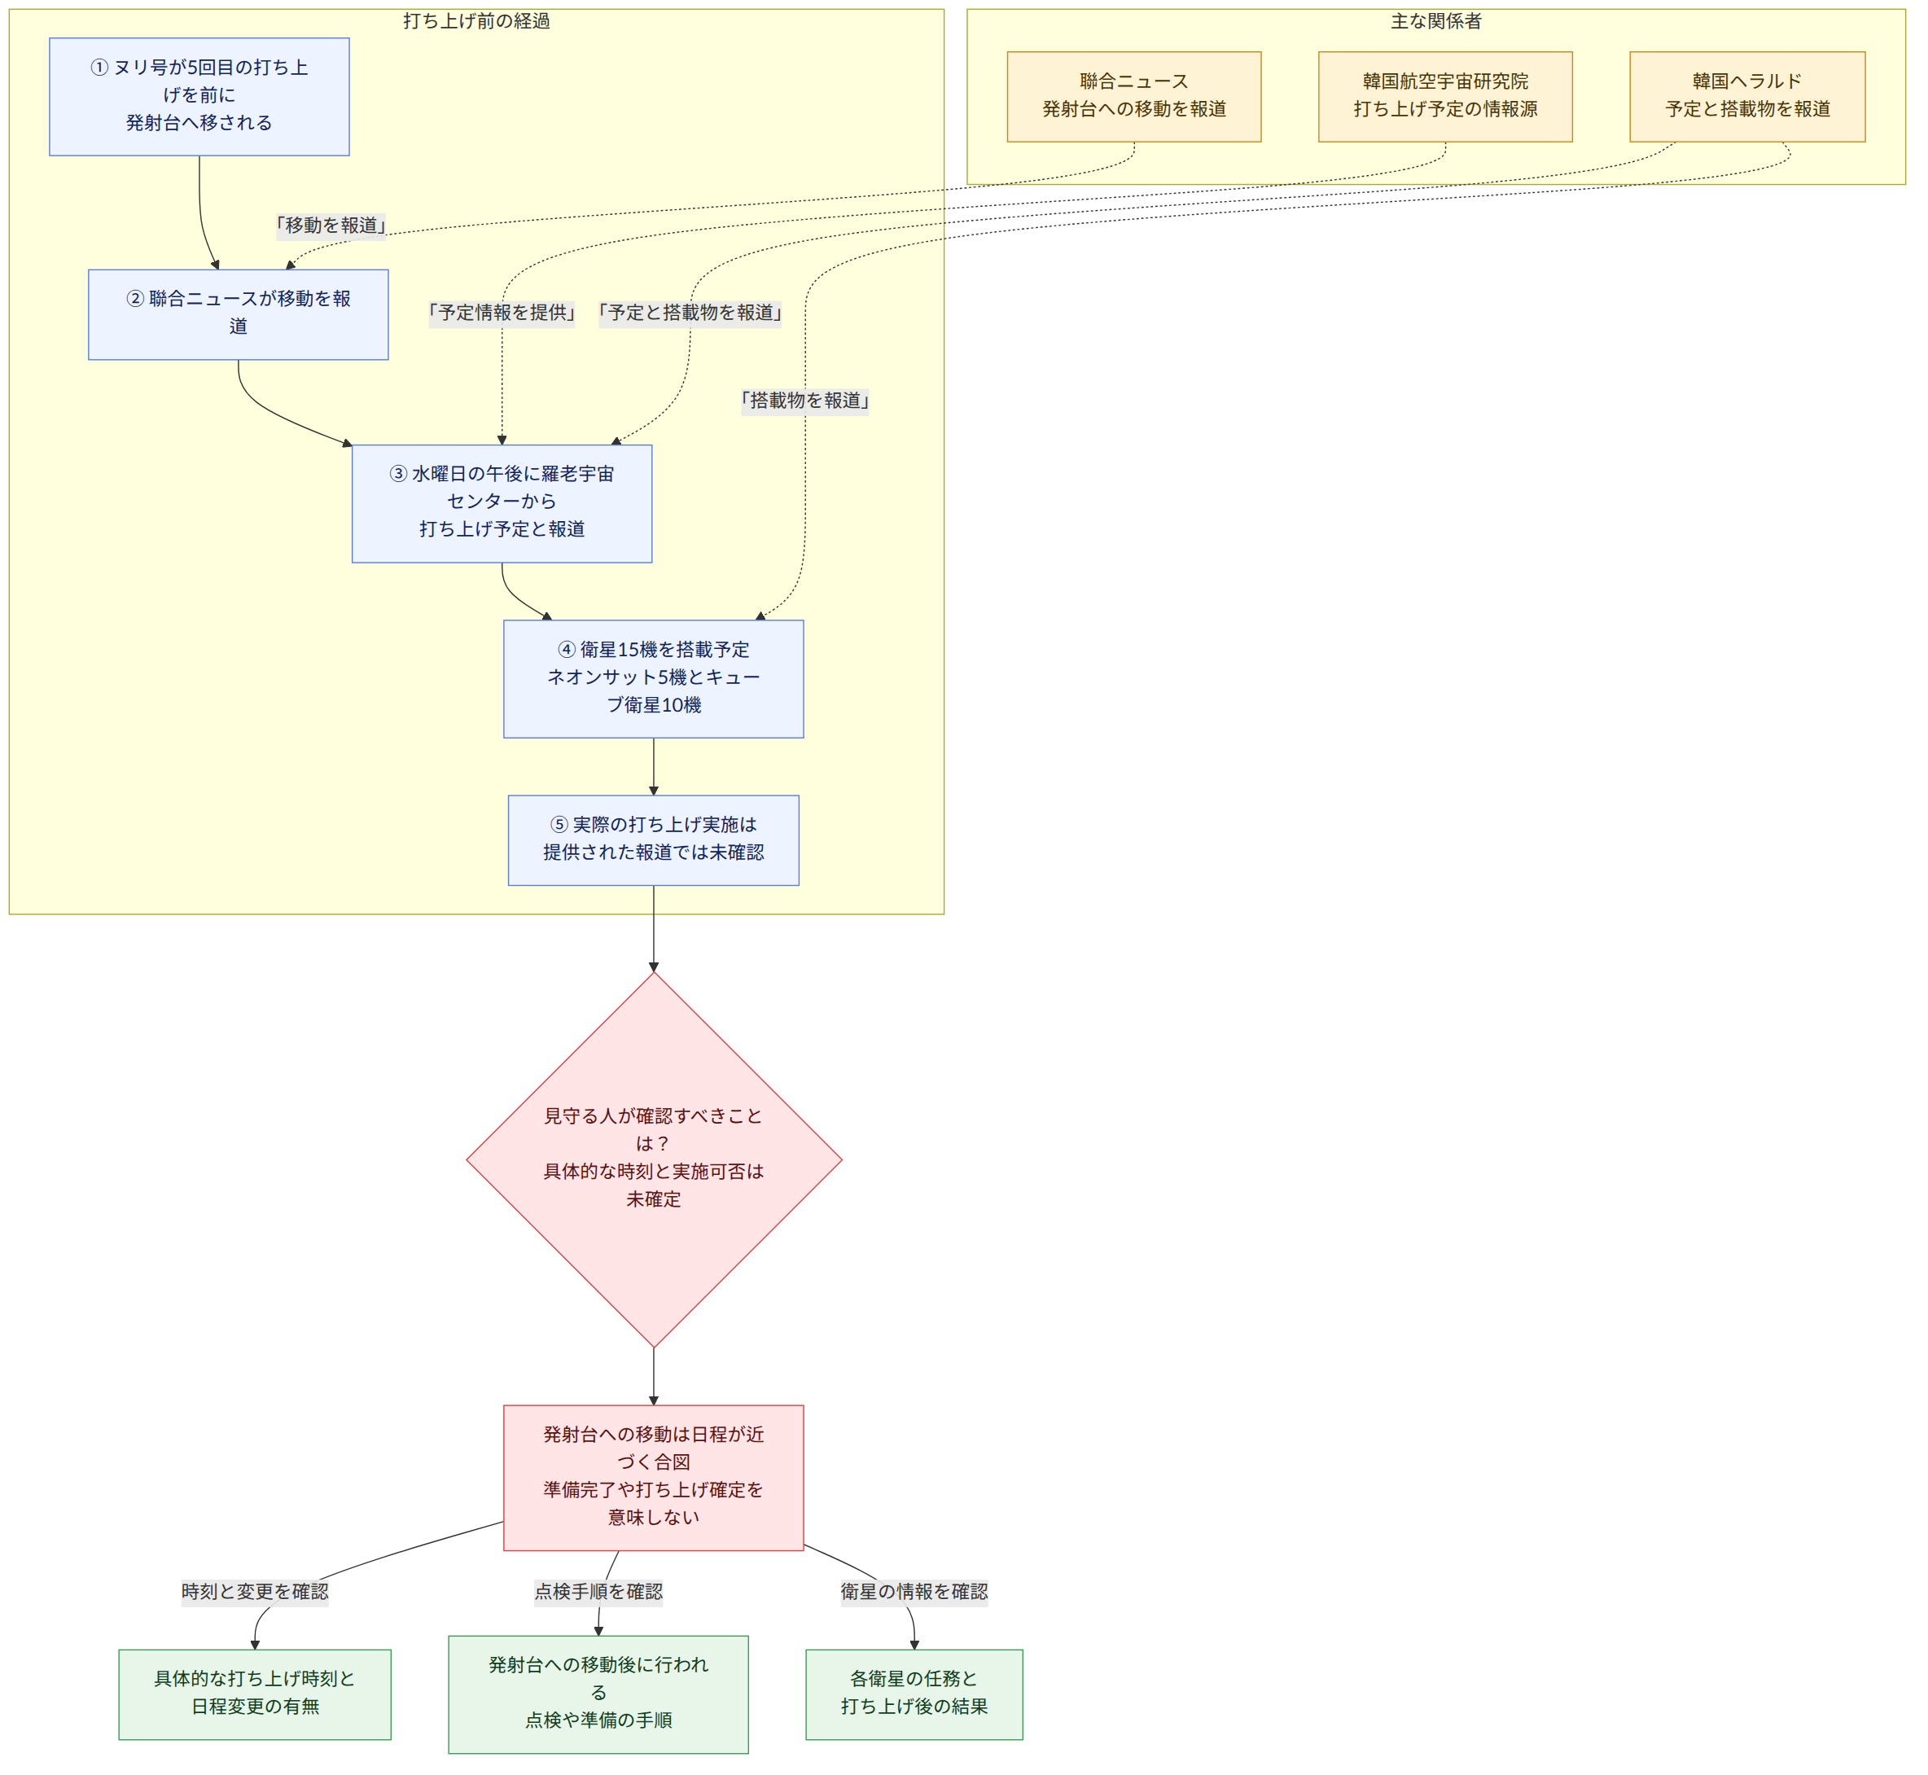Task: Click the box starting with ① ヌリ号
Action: [199, 97]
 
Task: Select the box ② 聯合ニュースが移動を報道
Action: [239, 315]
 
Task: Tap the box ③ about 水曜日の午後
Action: [502, 503]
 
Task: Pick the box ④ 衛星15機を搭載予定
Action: [654, 679]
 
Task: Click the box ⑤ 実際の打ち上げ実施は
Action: [654, 840]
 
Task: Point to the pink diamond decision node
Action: [654, 1160]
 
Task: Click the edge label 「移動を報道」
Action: [331, 226]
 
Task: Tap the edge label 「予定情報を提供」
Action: [502, 313]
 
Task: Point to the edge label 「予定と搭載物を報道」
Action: [690, 313]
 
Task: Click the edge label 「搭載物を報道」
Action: [805, 401]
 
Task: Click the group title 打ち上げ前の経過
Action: [476, 21]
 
